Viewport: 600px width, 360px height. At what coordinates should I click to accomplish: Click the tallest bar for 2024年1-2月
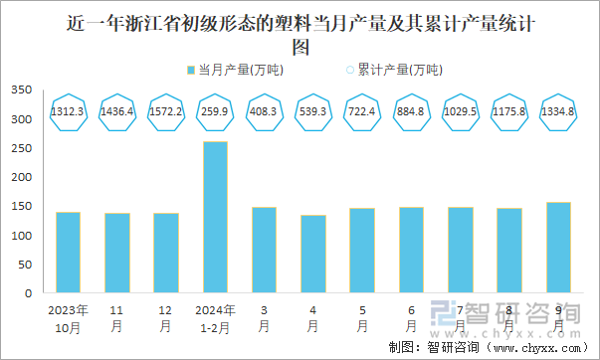point(215,218)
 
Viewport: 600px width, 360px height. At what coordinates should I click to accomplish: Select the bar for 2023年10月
point(68,253)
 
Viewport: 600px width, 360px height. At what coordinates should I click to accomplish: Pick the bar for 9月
point(558,248)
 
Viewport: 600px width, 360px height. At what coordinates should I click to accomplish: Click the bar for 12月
point(166,254)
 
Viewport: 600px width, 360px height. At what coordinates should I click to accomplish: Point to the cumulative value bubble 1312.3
point(68,111)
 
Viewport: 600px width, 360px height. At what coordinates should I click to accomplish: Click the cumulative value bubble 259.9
point(215,111)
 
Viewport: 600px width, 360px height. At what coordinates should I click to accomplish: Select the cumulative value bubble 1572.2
point(166,111)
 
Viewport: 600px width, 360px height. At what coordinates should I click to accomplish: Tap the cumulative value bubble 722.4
point(362,111)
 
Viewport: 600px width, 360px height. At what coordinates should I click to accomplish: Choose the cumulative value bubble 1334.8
point(558,111)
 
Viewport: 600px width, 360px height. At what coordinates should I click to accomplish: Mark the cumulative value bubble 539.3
point(312,111)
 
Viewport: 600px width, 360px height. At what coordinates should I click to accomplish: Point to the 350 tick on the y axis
point(21,90)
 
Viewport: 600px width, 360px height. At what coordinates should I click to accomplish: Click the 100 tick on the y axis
point(21,236)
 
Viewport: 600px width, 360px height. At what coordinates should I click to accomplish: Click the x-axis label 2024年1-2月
point(215,317)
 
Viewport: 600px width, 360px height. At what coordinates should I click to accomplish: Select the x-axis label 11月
point(117,317)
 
